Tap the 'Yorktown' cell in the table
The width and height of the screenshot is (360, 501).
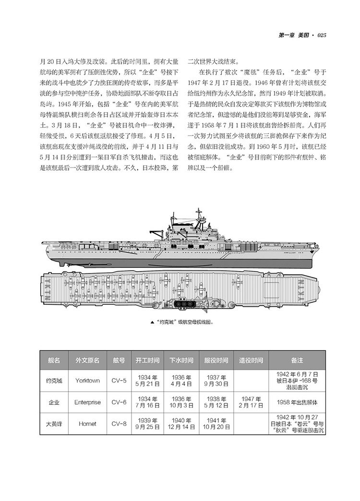[87, 381]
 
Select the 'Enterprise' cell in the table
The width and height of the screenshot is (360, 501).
[87, 402]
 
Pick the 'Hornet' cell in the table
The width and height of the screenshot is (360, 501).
[87, 424]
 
